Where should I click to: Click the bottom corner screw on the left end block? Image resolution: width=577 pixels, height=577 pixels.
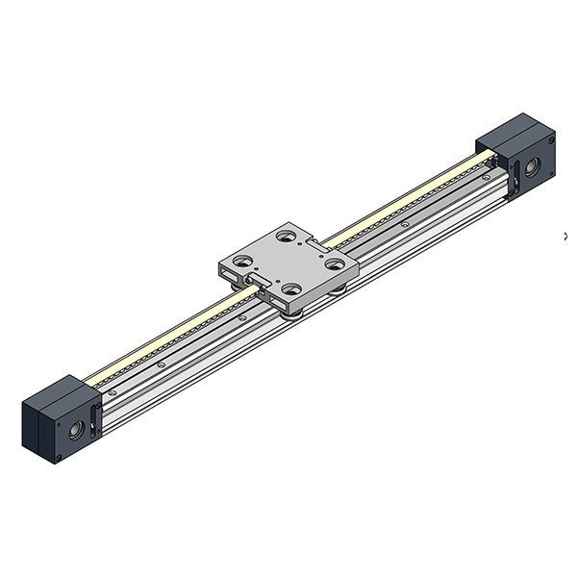click(60, 456)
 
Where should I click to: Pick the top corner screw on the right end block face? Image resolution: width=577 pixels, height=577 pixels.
click(551, 140)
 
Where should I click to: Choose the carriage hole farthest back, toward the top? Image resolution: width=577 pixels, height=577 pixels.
click(285, 234)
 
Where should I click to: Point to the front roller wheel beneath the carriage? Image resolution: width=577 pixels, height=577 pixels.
click(294, 307)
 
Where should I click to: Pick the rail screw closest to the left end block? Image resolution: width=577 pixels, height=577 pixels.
click(114, 391)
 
